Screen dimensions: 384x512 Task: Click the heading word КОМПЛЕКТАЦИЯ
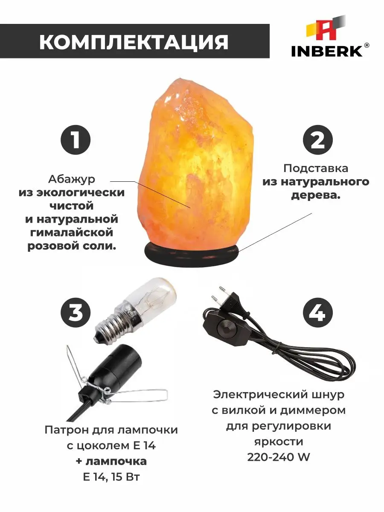pos(134,42)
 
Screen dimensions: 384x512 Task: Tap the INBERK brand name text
pos(327,51)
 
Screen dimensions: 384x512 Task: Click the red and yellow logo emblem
pos(326,29)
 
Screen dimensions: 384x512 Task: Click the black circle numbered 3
pos(76,313)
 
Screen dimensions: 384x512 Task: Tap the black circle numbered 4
pos(318,313)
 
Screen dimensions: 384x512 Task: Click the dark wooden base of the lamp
pos(192,254)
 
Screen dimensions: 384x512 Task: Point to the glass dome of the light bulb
pos(151,294)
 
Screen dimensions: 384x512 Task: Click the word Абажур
pos(72,179)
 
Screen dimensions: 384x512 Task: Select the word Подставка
pos(316,168)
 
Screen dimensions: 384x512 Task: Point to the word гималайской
pos(72,233)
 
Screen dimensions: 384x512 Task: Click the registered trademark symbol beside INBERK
pos(367,45)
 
